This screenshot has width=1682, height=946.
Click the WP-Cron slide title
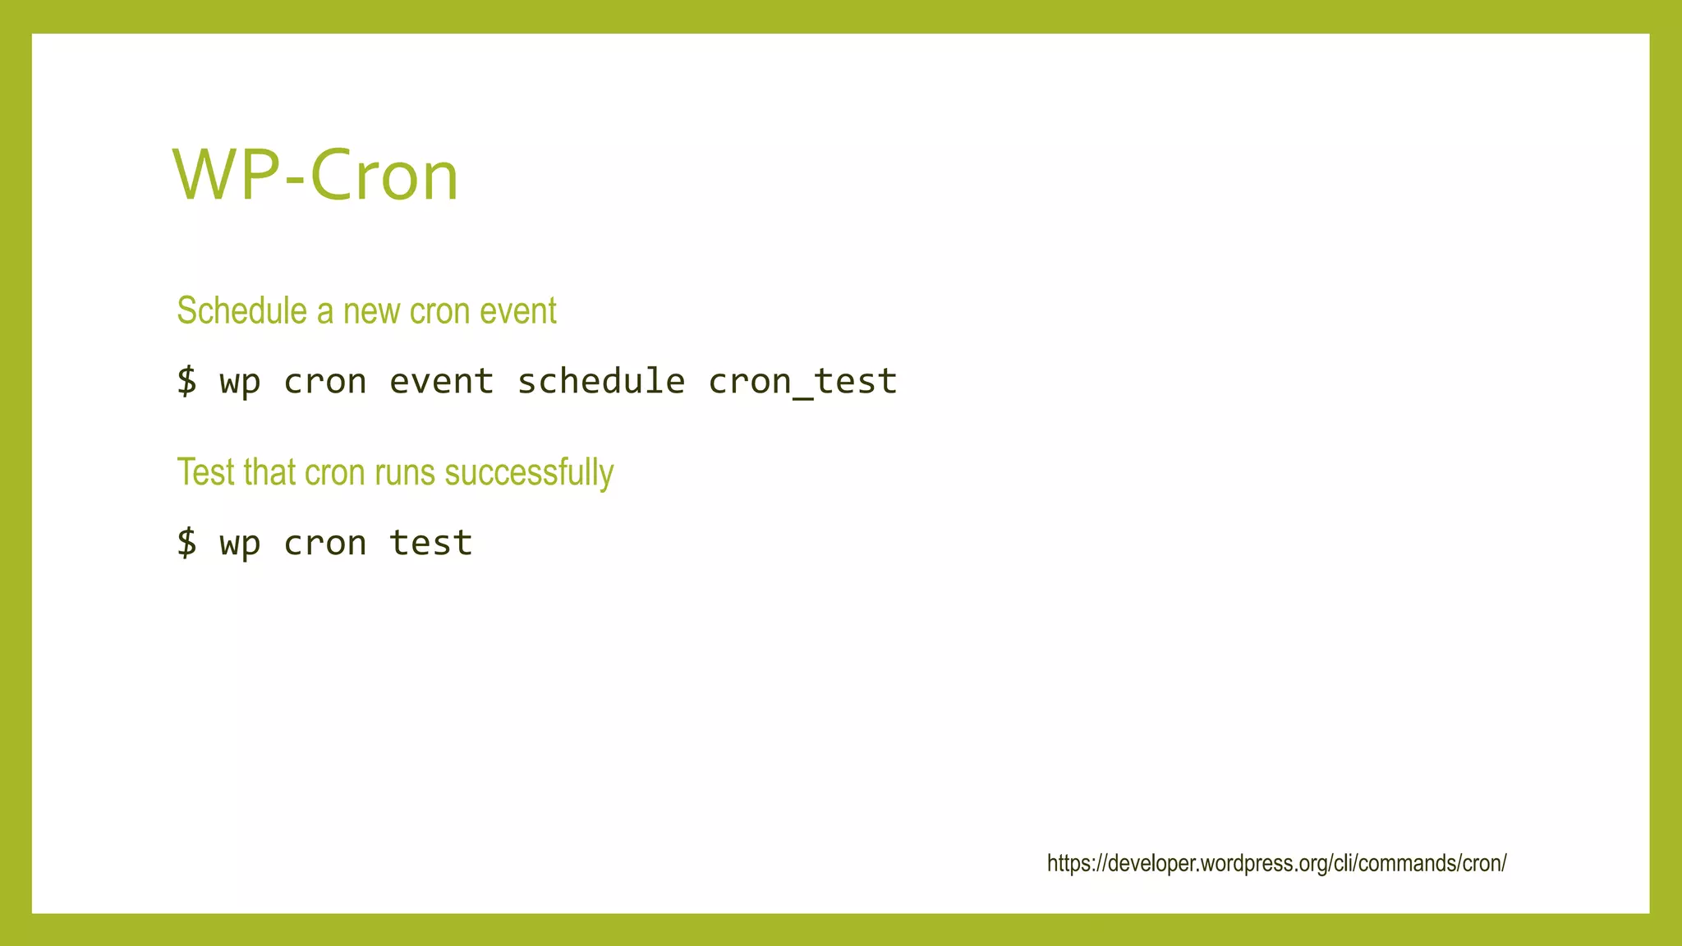coord(315,176)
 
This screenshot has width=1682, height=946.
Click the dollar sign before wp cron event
coord(187,381)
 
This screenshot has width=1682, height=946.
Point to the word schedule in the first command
coord(601,381)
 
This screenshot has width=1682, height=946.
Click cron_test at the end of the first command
coord(802,381)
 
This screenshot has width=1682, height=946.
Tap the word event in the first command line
coord(441,381)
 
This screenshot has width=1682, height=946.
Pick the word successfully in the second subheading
coord(529,472)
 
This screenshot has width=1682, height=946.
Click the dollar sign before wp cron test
coord(187,543)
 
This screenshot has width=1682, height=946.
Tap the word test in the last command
coord(430,543)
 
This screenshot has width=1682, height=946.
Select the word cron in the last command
coord(324,543)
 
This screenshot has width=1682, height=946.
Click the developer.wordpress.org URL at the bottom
coord(1276,863)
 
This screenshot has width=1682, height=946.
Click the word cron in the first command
coord(324,381)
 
